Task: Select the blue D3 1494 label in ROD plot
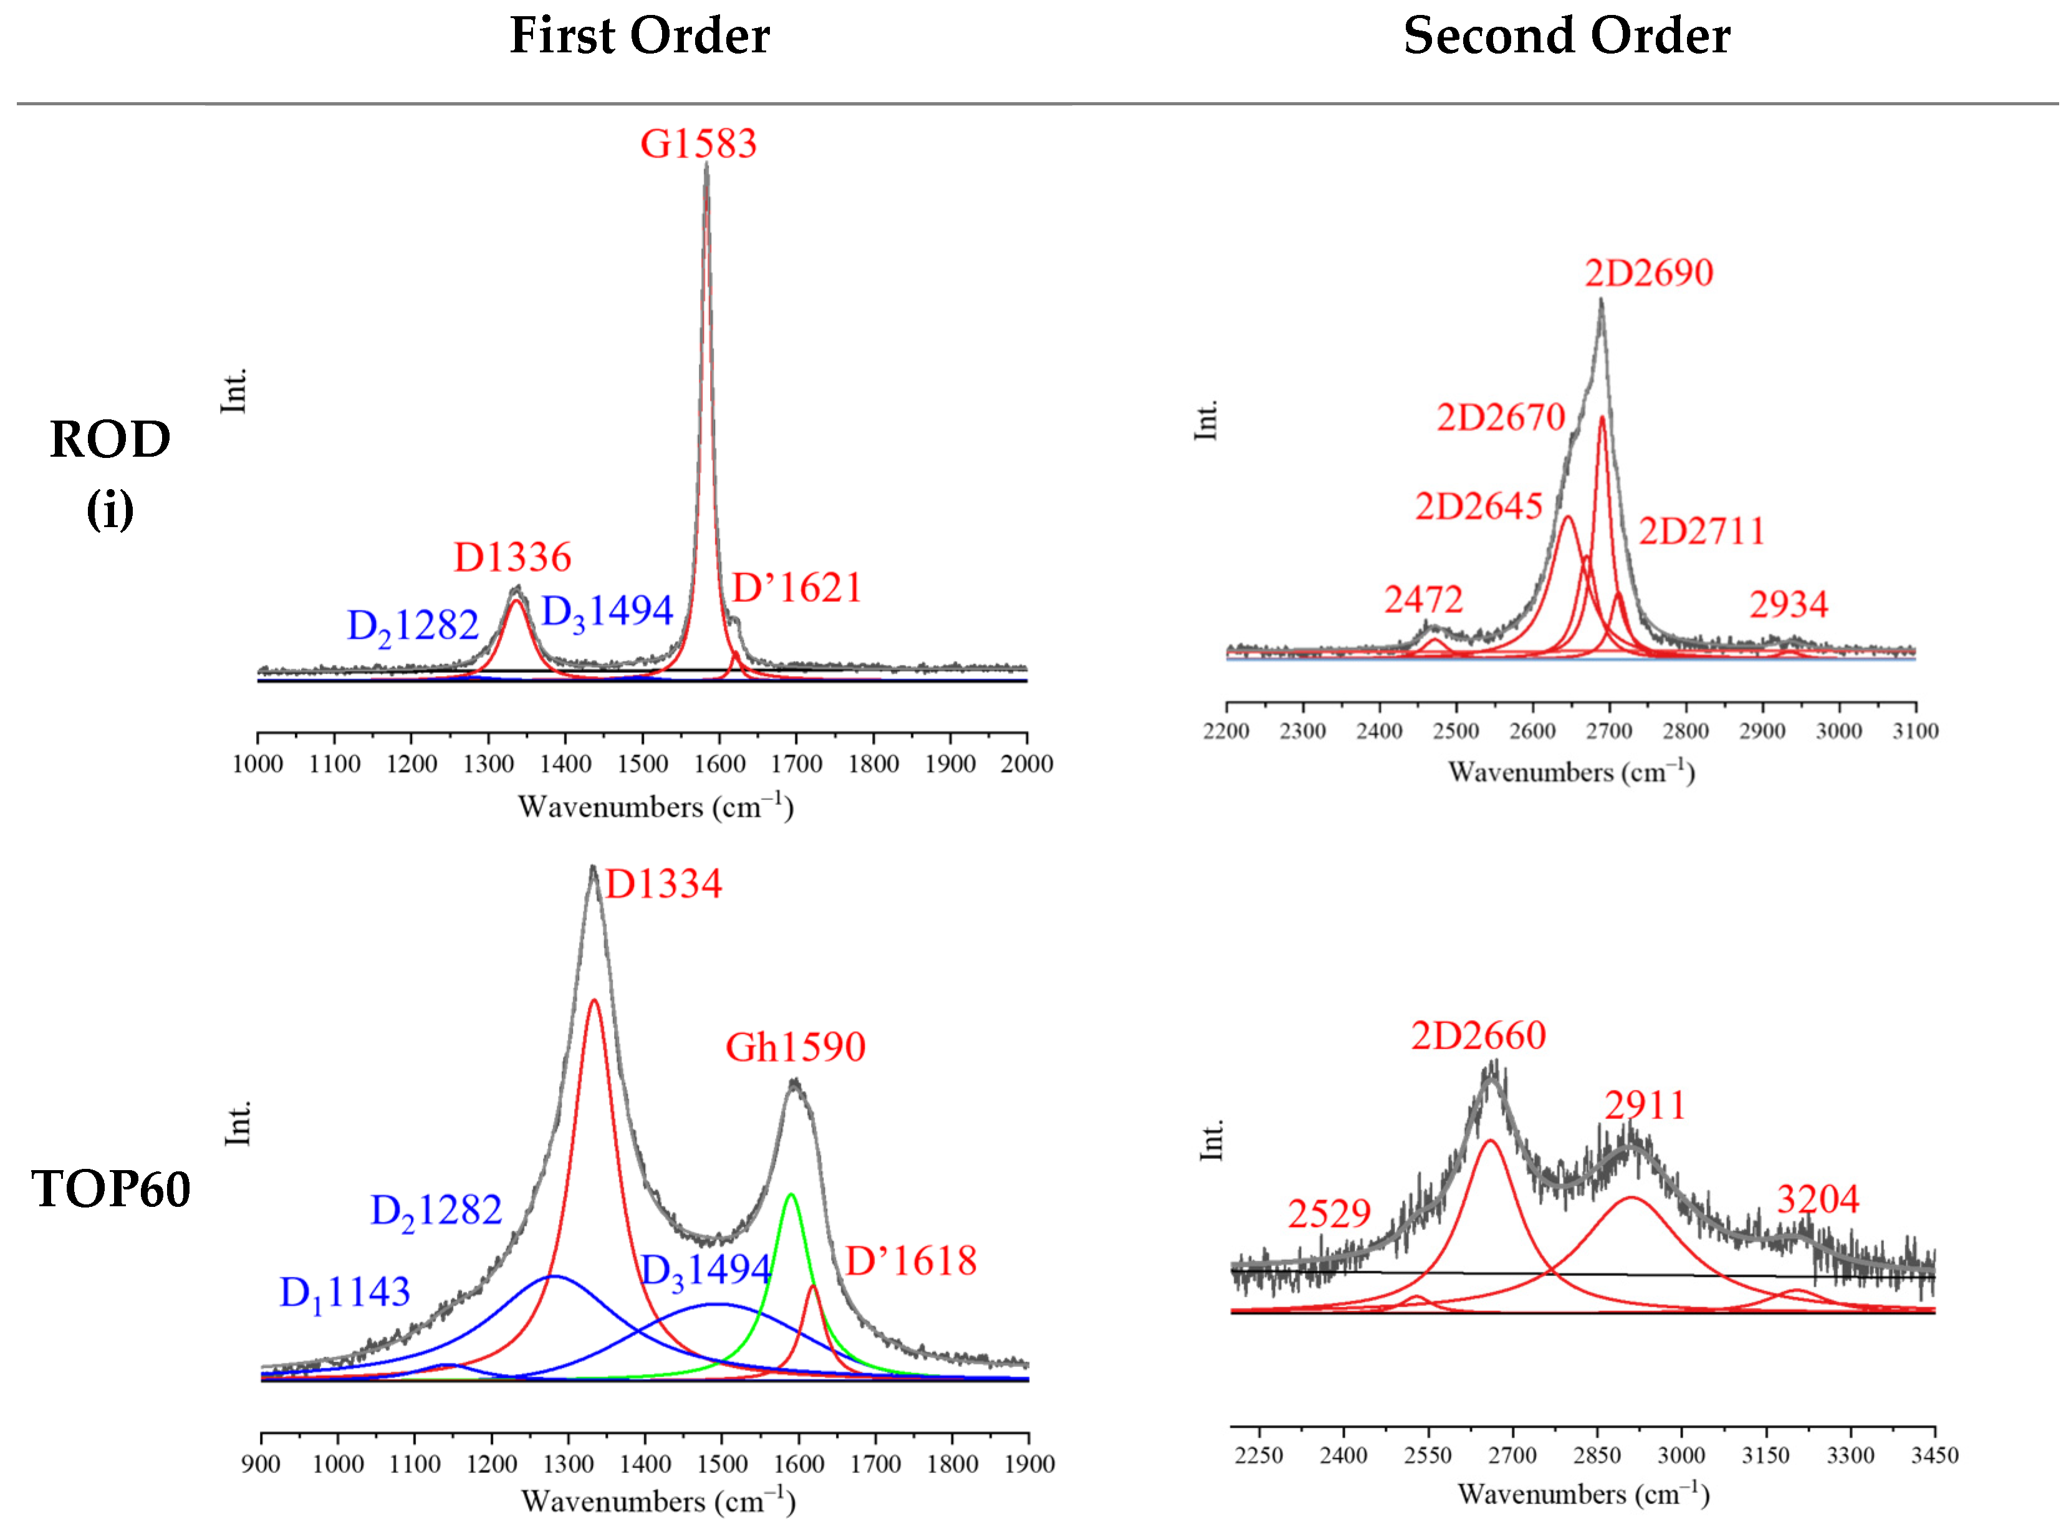607,612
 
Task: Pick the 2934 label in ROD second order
1788,604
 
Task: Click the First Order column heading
639,36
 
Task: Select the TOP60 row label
111,1189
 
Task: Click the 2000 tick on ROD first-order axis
1026,764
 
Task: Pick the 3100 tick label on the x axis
1915,731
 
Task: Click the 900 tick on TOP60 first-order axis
261,1464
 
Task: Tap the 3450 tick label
1934,1455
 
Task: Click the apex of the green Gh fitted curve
790,1195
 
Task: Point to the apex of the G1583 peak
706,164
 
